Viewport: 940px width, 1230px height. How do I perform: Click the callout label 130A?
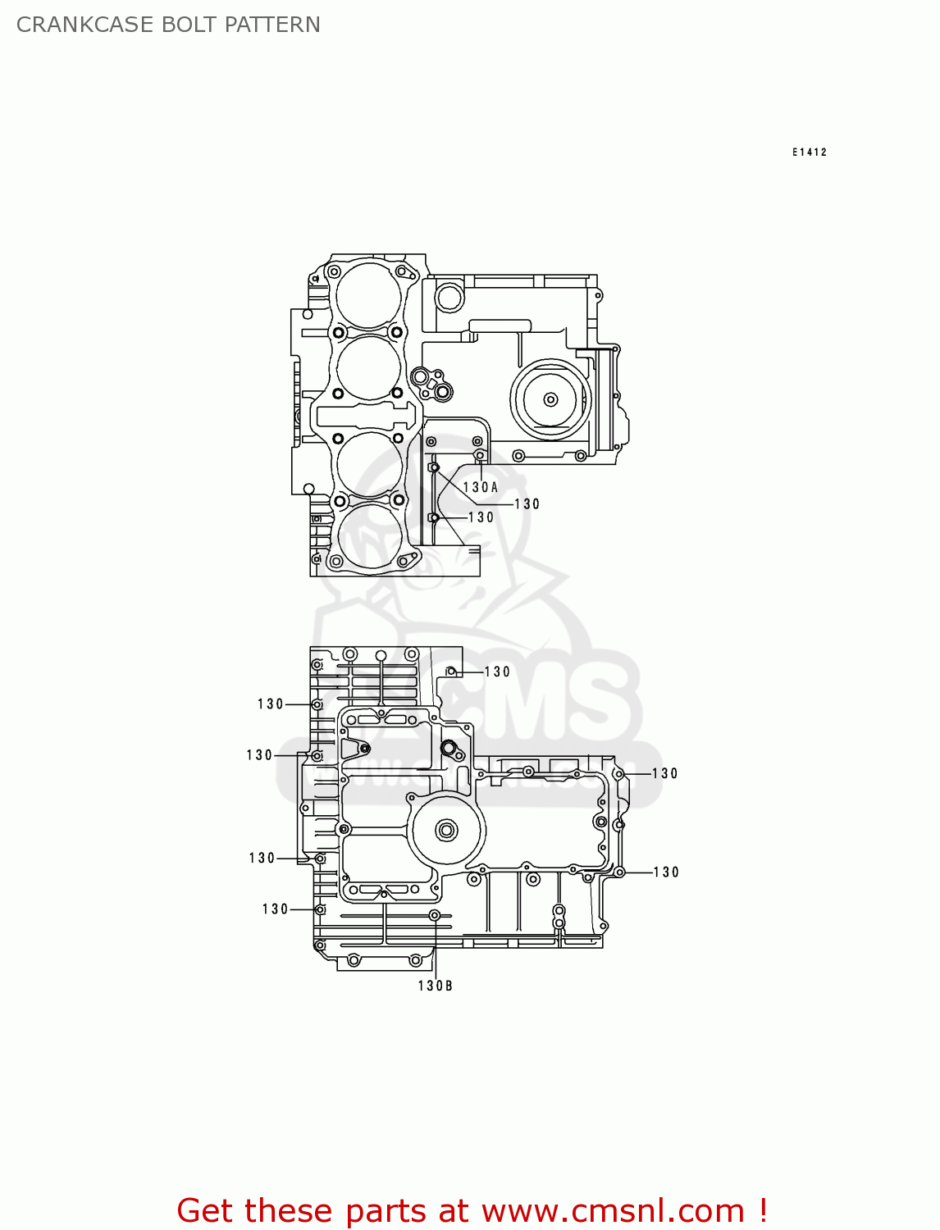(x=481, y=487)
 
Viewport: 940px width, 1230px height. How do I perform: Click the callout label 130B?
(x=435, y=986)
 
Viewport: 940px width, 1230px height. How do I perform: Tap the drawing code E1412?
(x=810, y=152)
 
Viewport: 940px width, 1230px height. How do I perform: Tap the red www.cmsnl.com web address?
(x=613, y=1211)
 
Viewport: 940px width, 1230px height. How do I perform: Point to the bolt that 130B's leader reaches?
(x=436, y=915)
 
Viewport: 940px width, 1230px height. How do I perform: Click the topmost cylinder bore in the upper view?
(x=369, y=296)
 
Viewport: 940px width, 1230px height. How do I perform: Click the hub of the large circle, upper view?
(x=550, y=399)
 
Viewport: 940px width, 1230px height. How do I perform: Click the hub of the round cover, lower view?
(x=446, y=831)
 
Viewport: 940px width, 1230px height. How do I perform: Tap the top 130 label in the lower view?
(x=497, y=672)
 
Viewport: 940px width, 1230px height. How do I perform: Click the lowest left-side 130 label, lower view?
(x=276, y=909)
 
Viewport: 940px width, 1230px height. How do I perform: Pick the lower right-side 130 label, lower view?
(x=666, y=872)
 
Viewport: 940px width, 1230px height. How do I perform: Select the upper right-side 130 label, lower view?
(x=665, y=773)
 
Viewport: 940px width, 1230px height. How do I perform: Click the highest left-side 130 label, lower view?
(x=271, y=704)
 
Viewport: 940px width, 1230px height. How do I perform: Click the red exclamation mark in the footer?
(x=763, y=1211)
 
